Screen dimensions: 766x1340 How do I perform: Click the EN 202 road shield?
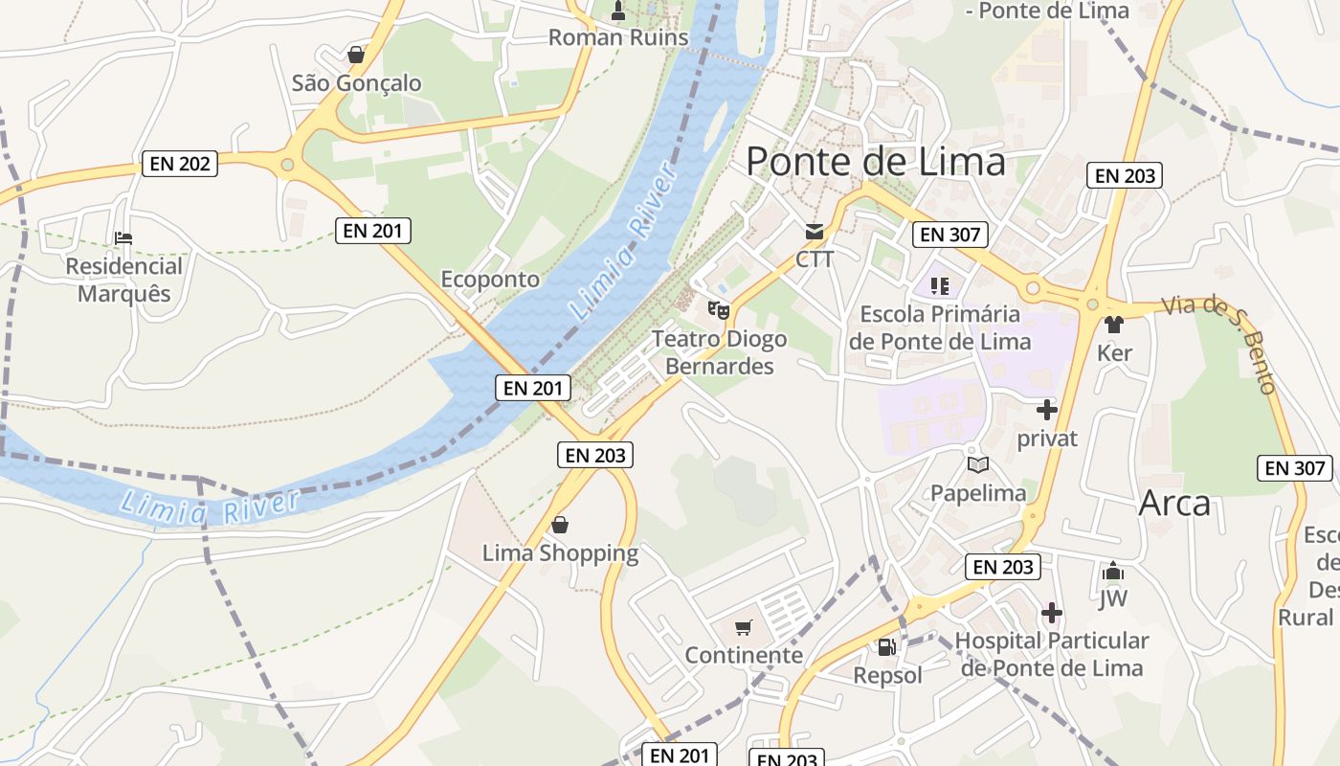(x=180, y=164)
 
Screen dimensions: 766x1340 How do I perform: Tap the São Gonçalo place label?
(x=356, y=83)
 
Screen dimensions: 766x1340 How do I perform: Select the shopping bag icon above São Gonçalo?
(x=356, y=55)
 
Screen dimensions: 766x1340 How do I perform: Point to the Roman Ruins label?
(x=617, y=37)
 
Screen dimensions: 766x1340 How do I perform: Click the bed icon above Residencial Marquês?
(x=123, y=237)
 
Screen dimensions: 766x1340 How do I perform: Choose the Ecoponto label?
(x=490, y=280)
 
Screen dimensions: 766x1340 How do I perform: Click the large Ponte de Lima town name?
(x=875, y=161)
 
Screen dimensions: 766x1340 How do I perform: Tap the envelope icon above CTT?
(x=815, y=231)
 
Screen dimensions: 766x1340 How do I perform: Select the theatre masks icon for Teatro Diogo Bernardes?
(x=718, y=309)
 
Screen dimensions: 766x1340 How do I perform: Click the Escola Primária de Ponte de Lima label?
(x=940, y=327)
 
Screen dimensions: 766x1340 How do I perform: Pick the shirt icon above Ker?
(x=1113, y=325)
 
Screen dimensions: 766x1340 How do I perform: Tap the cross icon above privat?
(x=1047, y=410)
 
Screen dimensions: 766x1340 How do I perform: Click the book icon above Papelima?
(x=978, y=465)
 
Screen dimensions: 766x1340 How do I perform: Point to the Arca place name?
(x=1174, y=504)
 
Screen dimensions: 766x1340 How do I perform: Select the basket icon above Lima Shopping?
(x=560, y=525)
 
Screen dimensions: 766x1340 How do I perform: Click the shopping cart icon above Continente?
(x=744, y=627)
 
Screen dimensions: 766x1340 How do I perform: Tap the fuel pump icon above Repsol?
(x=887, y=647)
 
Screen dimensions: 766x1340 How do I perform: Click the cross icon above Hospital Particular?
(x=1052, y=613)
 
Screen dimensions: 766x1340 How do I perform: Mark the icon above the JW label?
(x=1112, y=572)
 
